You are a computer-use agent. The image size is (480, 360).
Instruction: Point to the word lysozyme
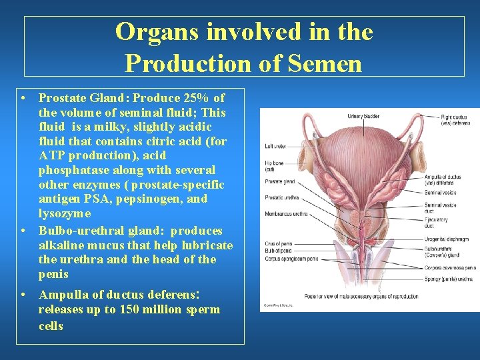tap(65, 213)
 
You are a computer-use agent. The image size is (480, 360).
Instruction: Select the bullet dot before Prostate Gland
tap(23, 98)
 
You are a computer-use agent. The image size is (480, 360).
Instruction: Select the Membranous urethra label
tap(285, 214)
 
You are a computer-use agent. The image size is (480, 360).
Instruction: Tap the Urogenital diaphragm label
tap(446, 238)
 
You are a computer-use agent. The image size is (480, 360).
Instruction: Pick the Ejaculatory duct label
tap(436, 223)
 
